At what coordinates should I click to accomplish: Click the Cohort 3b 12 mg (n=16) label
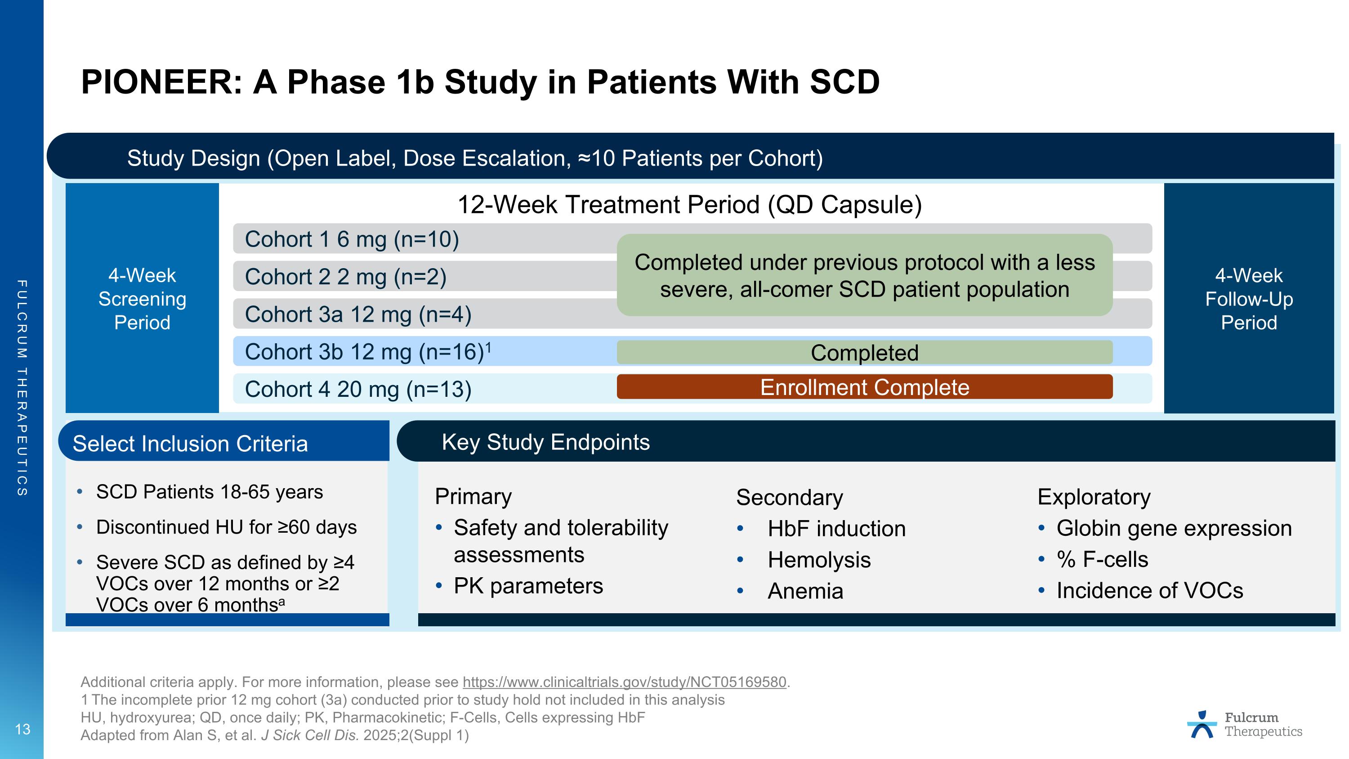[x=367, y=352]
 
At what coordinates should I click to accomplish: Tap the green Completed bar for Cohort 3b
[x=864, y=353]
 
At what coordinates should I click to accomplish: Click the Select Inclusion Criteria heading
[x=190, y=444]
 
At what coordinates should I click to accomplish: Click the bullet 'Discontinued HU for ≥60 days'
[x=226, y=527]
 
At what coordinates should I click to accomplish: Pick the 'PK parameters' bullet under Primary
[x=528, y=586]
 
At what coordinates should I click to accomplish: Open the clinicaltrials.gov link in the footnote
[x=624, y=683]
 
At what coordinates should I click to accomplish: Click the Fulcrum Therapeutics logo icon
[x=1202, y=725]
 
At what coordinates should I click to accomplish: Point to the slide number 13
[x=22, y=729]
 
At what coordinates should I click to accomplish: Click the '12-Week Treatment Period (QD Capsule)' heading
[x=689, y=205]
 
